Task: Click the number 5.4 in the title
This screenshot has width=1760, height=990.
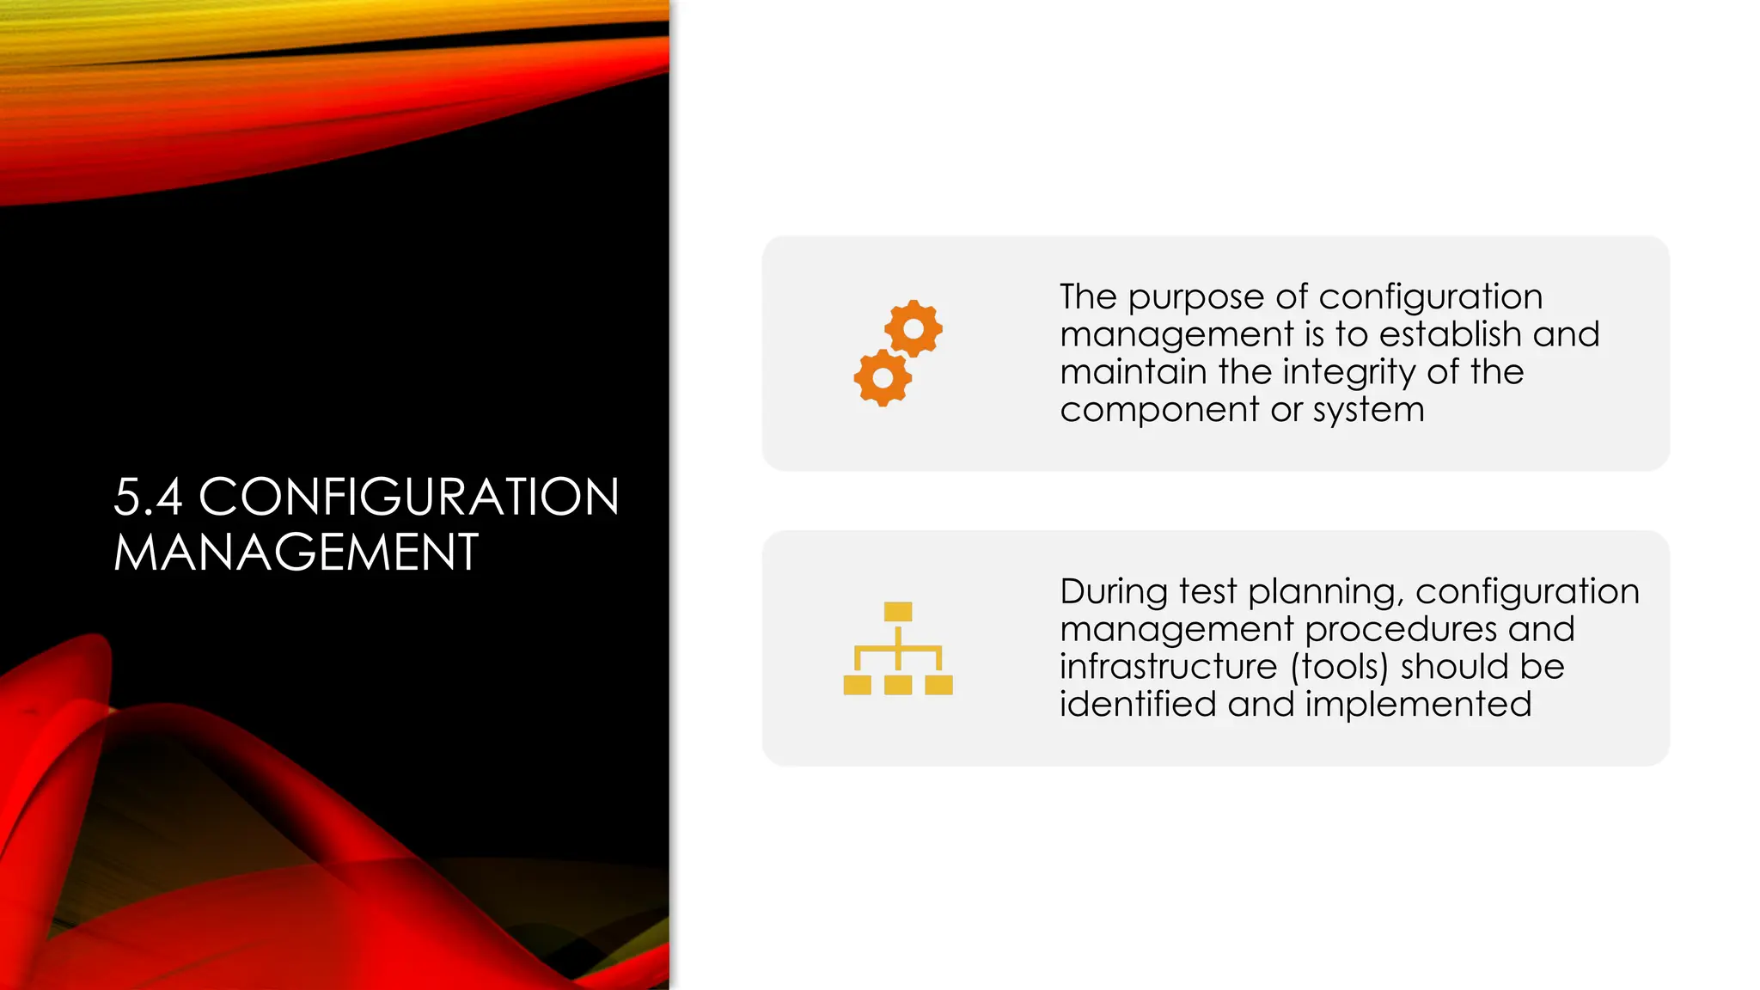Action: coord(148,498)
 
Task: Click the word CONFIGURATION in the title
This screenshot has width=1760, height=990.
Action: coord(409,498)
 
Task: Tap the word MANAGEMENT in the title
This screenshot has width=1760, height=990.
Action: coord(296,553)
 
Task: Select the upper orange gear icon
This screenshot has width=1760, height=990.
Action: coord(914,328)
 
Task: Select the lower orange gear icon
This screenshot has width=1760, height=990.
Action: coord(883,377)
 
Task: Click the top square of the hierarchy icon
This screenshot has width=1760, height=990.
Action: coord(898,612)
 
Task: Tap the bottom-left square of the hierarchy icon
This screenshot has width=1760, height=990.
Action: coord(858,685)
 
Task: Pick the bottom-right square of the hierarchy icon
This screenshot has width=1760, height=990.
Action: coord(938,685)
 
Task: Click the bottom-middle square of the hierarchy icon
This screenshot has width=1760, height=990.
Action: coord(898,685)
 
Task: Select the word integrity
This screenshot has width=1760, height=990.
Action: coord(1349,373)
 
